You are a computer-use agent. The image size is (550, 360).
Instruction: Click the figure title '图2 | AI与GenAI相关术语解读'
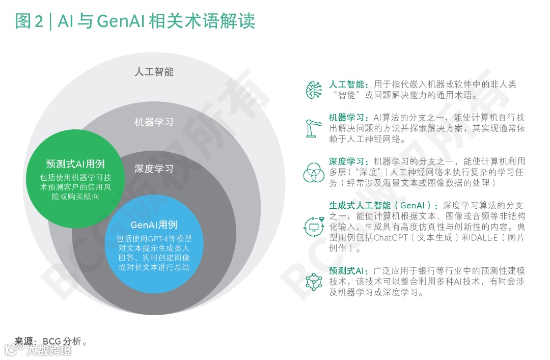[x=135, y=21]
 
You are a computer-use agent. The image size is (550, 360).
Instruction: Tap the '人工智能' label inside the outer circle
[x=154, y=72]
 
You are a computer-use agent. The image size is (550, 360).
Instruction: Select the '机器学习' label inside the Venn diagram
[x=154, y=122]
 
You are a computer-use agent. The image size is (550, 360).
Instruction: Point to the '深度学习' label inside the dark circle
[x=154, y=169]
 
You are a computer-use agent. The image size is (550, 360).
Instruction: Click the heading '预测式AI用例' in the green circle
[x=75, y=164]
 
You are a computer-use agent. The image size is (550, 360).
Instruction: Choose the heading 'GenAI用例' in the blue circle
[x=154, y=225]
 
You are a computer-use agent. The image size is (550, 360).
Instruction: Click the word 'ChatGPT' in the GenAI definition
[x=391, y=238]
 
